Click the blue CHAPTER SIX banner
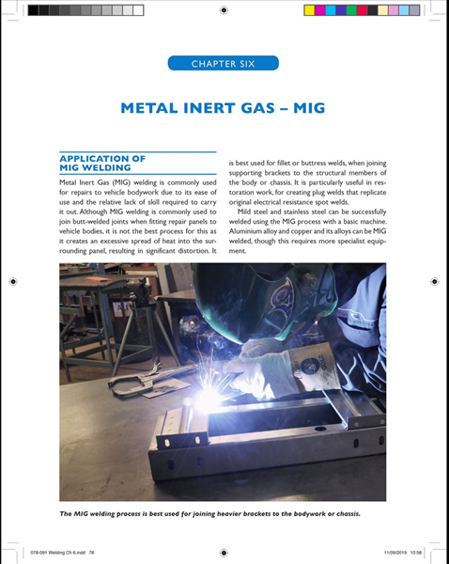(x=224, y=64)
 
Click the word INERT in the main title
(x=213, y=108)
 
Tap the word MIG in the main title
(x=306, y=108)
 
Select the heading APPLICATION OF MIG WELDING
(x=102, y=163)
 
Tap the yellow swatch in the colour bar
(x=311, y=10)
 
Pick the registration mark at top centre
(x=224, y=10)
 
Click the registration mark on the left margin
(x=11, y=281)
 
